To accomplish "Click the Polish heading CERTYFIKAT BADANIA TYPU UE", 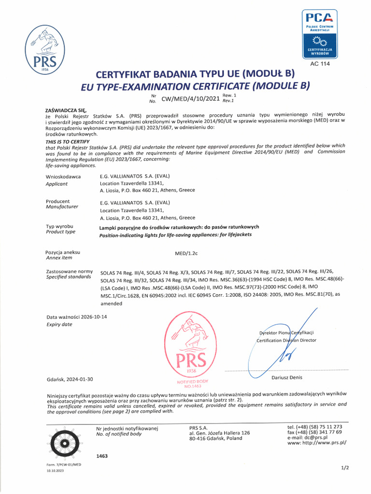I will click(x=195, y=74).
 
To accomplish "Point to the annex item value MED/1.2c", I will click(x=185, y=253).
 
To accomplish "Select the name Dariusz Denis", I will click(x=286, y=377).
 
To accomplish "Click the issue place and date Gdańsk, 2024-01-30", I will click(x=69, y=380).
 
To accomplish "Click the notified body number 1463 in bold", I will click(x=102, y=455).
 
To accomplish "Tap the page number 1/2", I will click(x=344, y=467).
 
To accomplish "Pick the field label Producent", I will click(x=57, y=201).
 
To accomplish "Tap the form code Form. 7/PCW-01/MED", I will click(x=63, y=464).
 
